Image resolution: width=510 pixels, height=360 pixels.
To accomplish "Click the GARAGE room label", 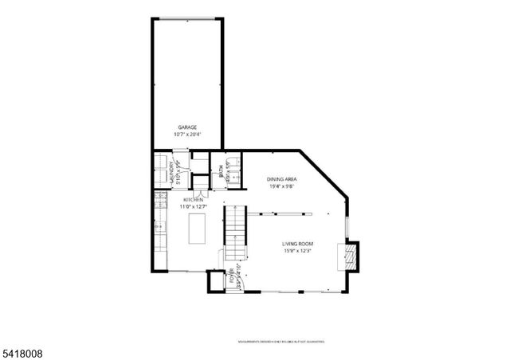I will click(187, 127).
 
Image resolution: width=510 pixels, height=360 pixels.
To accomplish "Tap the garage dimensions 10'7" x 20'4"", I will click(187, 135).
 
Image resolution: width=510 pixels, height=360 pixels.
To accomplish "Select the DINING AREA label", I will click(282, 180).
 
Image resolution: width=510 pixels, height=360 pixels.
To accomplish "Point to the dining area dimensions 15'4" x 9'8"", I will click(282, 187).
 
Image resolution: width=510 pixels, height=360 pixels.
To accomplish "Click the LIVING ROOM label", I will click(297, 244).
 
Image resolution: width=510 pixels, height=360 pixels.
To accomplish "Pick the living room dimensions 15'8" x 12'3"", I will click(297, 252).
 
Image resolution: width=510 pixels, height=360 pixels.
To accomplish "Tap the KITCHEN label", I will click(194, 200).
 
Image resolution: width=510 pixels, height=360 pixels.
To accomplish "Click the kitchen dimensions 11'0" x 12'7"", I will click(194, 207).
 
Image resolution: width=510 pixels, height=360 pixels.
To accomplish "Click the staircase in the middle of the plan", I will click(233, 231).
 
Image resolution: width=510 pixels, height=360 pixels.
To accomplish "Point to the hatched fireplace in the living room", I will click(347, 256).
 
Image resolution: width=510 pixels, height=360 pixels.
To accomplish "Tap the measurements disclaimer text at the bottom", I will click(282, 342).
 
